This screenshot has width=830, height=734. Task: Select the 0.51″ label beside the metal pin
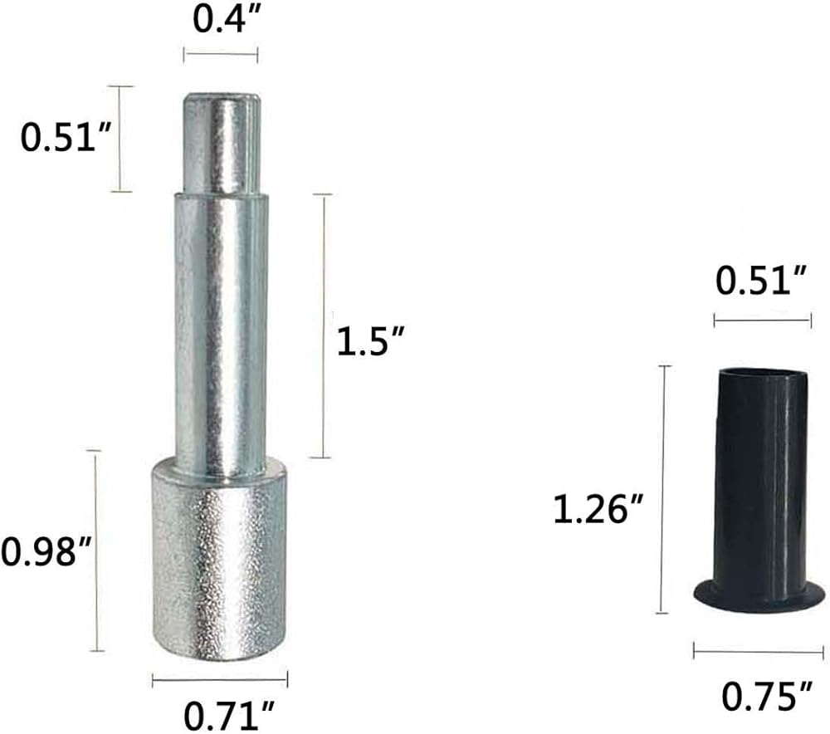pos(66,137)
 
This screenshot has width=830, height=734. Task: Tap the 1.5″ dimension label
pos(371,340)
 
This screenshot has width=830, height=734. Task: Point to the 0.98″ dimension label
pos(46,551)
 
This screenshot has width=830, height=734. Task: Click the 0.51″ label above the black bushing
pos(761,281)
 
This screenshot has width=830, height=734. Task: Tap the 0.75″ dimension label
pos(767,696)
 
